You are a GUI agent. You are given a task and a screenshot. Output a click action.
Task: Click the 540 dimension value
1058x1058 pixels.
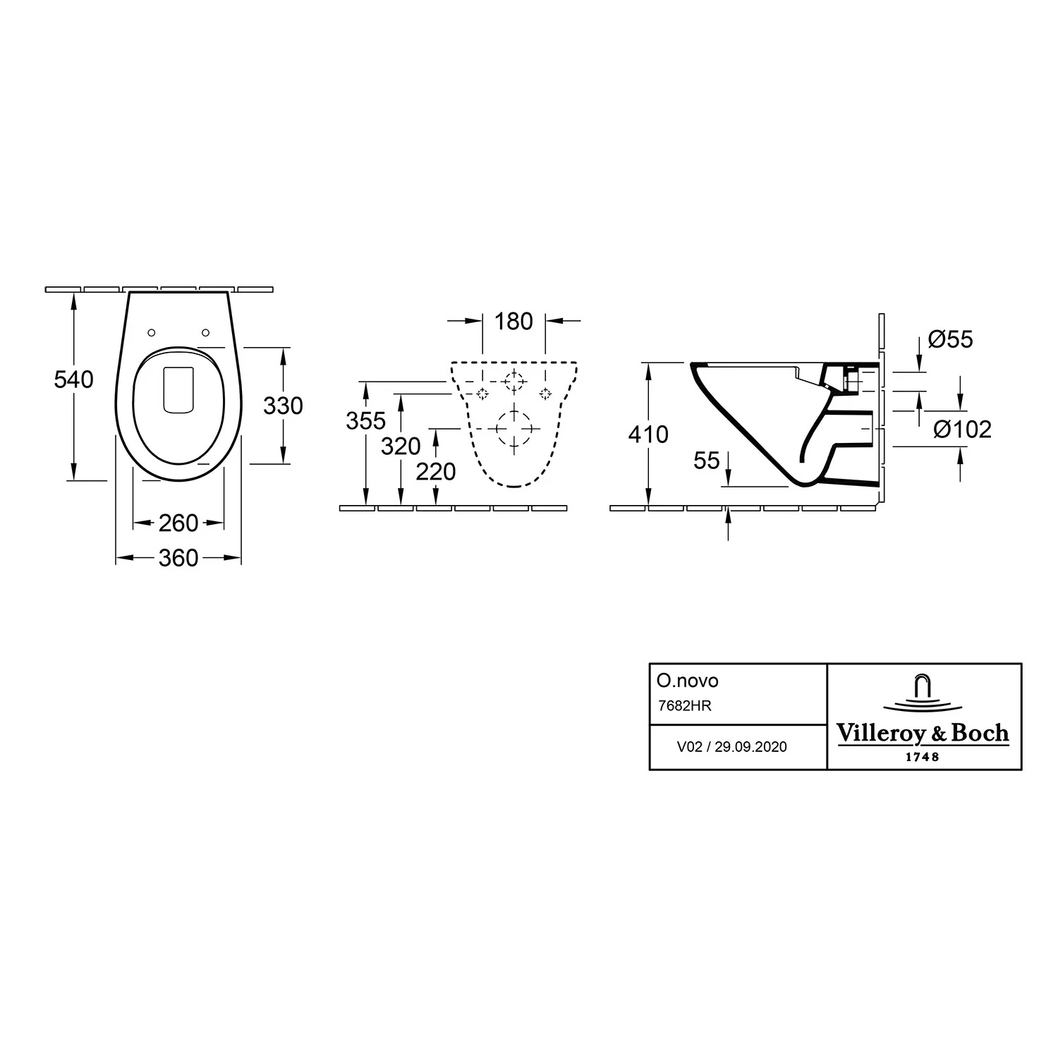coord(73,379)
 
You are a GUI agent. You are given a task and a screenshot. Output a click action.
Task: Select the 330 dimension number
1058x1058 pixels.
coord(283,406)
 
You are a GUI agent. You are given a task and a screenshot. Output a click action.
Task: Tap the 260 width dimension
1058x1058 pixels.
coord(178,523)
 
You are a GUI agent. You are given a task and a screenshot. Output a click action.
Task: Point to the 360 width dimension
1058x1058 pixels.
coord(178,559)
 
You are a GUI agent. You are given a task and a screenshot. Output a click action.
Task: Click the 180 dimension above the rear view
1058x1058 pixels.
coord(513,322)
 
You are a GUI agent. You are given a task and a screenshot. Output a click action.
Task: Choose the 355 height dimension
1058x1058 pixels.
coord(365,420)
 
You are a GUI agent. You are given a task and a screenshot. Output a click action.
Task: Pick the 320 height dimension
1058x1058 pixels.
coord(401,446)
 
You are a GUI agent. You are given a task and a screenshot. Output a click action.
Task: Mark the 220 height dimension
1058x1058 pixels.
coord(435,471)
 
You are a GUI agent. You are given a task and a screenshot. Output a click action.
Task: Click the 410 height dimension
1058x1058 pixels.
coord(648,434)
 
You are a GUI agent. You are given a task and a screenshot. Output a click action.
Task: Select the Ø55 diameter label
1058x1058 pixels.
coord(951,339)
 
